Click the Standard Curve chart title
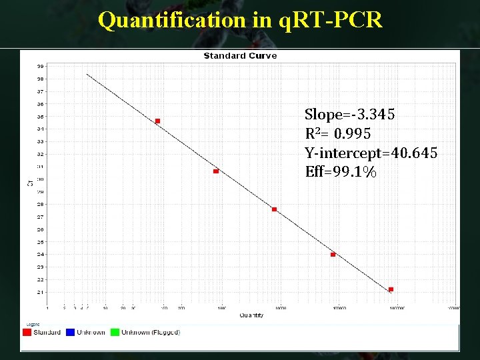(240, 56)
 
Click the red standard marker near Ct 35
(157, 121)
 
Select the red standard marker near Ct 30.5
(216, 171)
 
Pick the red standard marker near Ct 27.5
(274, 209)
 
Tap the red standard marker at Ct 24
(333, 255)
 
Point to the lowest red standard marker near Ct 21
(391, 289)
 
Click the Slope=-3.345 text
(349, 115)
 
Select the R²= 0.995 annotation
(337, 134)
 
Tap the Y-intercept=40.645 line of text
(371, 153)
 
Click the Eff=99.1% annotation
(340, 172)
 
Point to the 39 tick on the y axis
(41, 66)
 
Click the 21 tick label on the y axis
(41, 292)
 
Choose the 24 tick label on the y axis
(41, 254)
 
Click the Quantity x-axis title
(251, 315)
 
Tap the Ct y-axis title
(29, 179)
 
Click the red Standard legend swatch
(27, 332)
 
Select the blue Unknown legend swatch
(71, 332)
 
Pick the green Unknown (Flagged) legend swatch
(115, 332)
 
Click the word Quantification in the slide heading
(172, 20)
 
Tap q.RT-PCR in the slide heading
(329, 20)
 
